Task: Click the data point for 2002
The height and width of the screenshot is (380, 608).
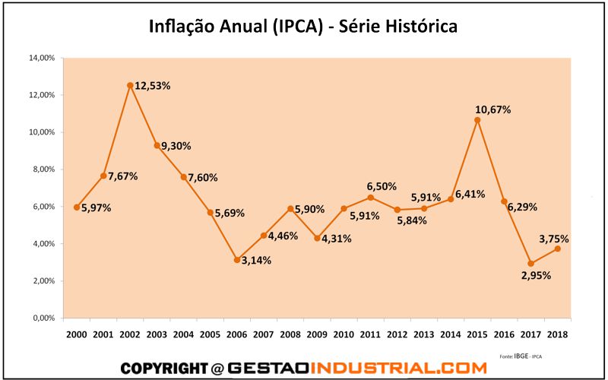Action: point(130,86)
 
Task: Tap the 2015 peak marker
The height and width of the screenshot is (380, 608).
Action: point(477,120)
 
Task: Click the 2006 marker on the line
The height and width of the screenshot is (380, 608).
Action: point(237,260)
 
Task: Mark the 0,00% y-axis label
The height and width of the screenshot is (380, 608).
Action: point(41,318)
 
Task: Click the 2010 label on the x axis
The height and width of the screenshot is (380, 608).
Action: point(344,334)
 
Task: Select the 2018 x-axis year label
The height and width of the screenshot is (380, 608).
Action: point(558,334)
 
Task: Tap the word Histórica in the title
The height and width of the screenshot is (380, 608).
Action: point(419,27)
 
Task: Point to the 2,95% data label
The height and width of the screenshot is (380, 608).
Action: point(537,275)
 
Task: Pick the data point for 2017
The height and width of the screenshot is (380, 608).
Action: point(530,263)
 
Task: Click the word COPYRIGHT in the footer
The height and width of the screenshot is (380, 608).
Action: point(163,368)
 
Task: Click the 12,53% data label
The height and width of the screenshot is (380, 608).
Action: point(152,86)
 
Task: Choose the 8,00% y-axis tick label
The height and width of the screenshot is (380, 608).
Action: point(41,169)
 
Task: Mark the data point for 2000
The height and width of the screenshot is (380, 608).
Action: point(76,207)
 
